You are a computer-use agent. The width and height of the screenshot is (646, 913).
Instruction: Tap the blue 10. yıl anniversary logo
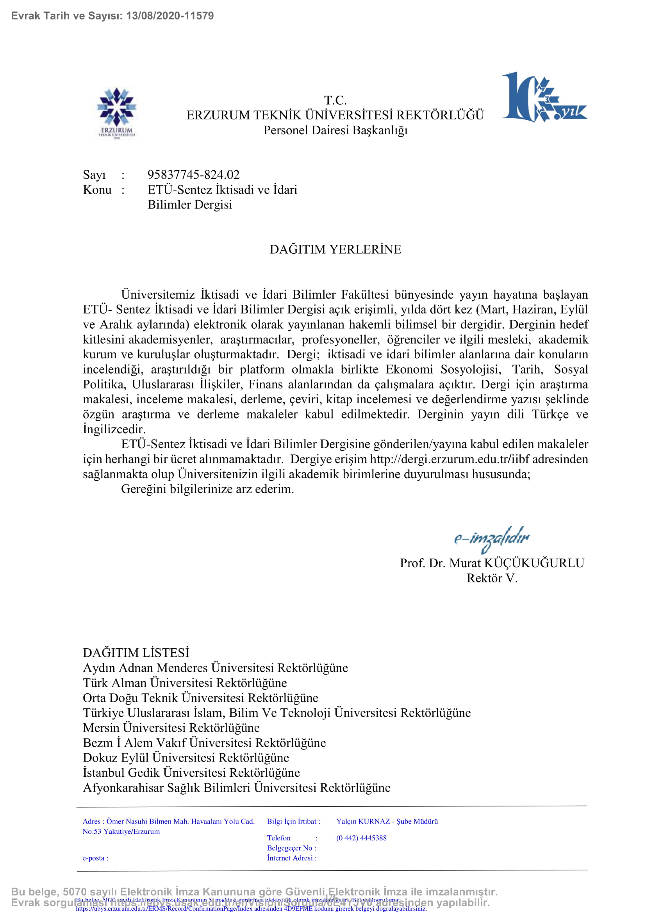point(544,98)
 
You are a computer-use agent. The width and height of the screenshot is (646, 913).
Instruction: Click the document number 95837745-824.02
point(193,174)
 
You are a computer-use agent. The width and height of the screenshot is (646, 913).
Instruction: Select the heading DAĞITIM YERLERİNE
point(335,249)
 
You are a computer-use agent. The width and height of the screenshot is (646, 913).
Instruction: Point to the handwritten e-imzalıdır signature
point(492,539)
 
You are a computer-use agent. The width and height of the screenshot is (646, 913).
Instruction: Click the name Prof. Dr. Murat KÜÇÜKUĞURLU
point(492,563)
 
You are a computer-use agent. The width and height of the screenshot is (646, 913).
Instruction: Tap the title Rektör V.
point(492,578)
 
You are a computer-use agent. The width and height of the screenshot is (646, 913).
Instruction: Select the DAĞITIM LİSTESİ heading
point(136,653)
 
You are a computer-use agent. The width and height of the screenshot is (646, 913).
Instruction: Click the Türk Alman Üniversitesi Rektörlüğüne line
point(185,683)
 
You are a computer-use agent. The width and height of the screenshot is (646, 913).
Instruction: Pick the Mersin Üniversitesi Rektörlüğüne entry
point(171,728)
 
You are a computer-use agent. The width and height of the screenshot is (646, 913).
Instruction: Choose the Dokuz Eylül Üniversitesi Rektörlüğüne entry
point(186,758)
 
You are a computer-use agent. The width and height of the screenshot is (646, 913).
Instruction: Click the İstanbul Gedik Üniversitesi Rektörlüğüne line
point(191,772)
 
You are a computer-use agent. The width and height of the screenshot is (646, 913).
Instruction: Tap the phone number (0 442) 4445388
point(361,838)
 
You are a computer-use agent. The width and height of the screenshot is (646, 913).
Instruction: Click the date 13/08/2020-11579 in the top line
point(170,16)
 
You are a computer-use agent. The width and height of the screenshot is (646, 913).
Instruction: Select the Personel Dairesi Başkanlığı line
point(335,130)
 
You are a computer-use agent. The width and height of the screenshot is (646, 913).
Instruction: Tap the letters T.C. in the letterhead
point(335,100)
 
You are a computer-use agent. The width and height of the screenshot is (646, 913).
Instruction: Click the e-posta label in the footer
point(95,858)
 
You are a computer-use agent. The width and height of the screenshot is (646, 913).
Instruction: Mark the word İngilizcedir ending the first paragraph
point(114,429)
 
